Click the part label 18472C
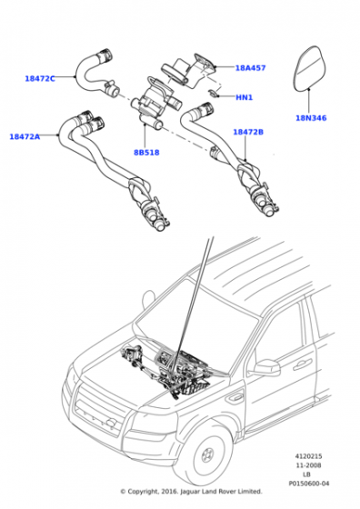pyautogui.click(x=40, y=78)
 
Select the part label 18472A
pyautogui.click(x=25, y=136)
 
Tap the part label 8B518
pyautogui.click(x=146, y=153)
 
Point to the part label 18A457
pyautogui.click(x=250, y=68)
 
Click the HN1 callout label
pyautogui.click(x=244, y=97)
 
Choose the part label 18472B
pyautogui.click(x=248, y=132)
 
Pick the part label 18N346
pyautogui.click(x=311, y=118)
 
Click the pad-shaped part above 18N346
pyautogui.click(x=310, y=68)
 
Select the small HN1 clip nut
pyautogui.click(x=214, y=94)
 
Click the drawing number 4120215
pyautogui.click(x=309, y=456)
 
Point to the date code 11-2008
pyautogui.click(x=309, y=465)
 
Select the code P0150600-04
pyautogui.click(x=309, y=484)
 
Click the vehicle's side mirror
pyautogui.click(x=267, y=367)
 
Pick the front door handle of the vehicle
pyautogui.click(x=302, y=364)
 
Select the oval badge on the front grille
pyautogui.click(x=111, y=422)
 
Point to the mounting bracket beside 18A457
pyautogui.click(x=205, y=63)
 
